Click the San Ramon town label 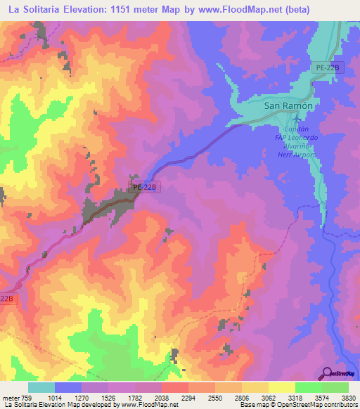click(287, 105)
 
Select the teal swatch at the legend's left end click(41, 387)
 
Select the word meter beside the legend click(10, 398)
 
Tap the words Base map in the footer click(252, 405)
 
